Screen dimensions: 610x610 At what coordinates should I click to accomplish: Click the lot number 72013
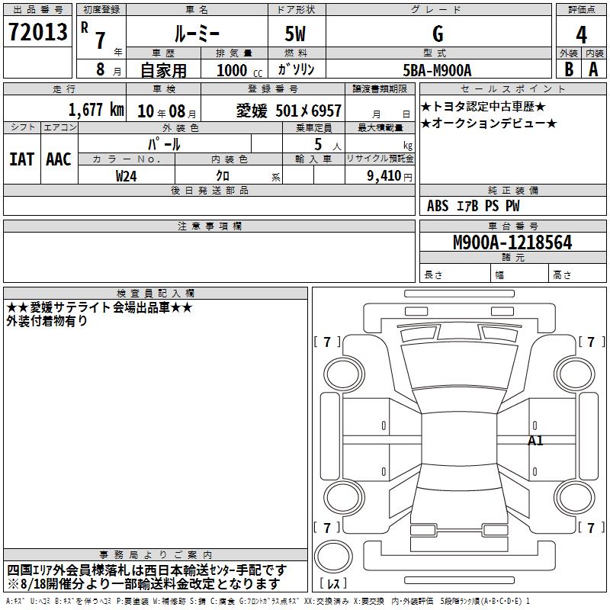click(x=37, y=31)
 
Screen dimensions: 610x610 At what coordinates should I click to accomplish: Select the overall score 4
click(x=581, y=34)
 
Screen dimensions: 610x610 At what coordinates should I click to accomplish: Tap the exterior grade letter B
click(x=569, y=69)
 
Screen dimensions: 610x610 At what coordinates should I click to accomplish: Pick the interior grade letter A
click(x=593, y=69)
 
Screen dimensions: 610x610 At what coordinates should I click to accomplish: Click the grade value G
click(x=438, y=34)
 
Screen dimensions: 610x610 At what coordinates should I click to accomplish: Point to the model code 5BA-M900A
click(x=437, y=70)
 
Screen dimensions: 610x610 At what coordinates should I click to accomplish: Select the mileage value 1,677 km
click(x=96, y=110)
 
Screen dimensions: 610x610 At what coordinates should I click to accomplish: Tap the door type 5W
click(x=295, y=34)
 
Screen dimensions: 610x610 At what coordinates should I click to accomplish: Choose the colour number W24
click(x=126, y=176)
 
